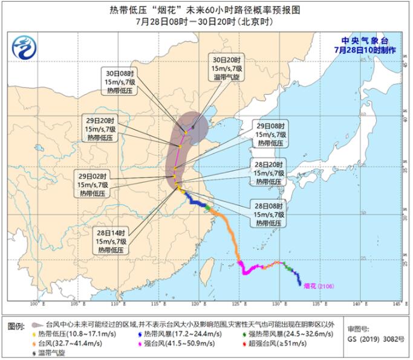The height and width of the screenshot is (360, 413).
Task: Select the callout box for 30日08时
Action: [119, 81]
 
